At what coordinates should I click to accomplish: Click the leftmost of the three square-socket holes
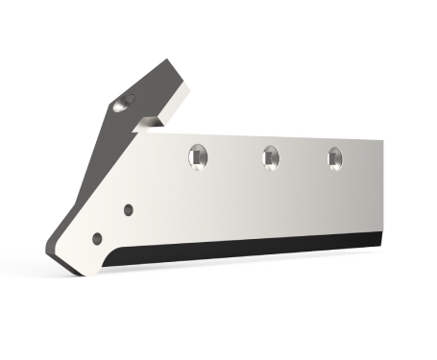pos(197,155)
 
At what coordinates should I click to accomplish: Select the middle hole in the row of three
pos(269,155)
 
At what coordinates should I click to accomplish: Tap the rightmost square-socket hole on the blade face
pos(334,156)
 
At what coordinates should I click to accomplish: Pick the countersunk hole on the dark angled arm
pos(120,103)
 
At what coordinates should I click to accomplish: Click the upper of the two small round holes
pos(129,208)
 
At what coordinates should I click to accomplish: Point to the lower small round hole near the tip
pos(95,236)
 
